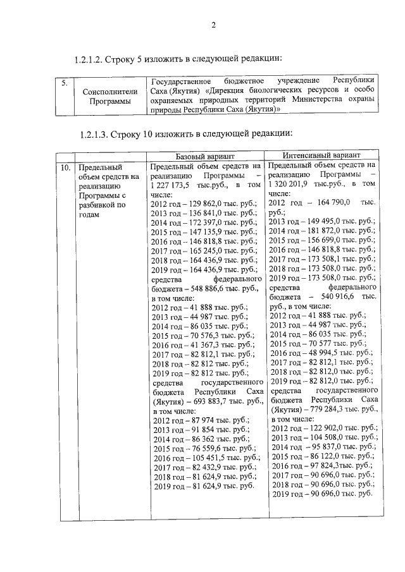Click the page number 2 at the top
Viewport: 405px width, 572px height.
(213, 25)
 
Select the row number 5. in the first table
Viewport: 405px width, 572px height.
(64, 82)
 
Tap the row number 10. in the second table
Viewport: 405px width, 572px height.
(65, 168)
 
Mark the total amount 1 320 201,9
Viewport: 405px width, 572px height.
(291, 183)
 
